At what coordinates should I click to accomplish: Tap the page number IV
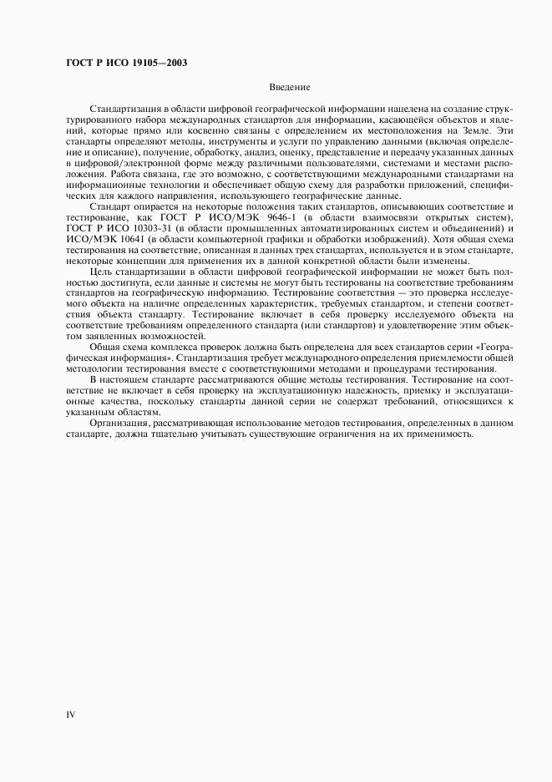(x=71, y=714)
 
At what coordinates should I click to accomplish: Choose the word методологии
(x=95, y=369)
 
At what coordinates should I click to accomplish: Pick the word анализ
(x=239, y=153)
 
